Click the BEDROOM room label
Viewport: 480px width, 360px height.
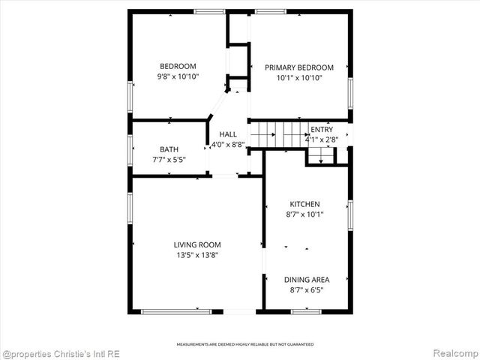coord(177,65)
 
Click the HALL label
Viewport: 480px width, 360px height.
coord(228,133)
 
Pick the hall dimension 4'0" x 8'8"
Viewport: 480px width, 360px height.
coord(228,144)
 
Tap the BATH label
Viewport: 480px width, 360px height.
coord(169,148)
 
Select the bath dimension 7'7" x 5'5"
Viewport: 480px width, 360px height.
coord(169,159)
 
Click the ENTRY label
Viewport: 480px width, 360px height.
coord(322,129)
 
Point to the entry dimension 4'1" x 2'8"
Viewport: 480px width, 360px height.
coord(322,139)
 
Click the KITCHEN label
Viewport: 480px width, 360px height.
coord(305,204)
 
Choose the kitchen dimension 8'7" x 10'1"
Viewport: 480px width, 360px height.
coord(305,214)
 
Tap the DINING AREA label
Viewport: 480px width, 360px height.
coord(306,279)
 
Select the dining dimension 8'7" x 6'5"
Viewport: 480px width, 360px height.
coord(306,289)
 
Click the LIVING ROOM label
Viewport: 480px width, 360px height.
coord(196,244)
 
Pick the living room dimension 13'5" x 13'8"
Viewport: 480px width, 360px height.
coord(196,255)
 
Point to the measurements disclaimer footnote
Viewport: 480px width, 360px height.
coord(245,344)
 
